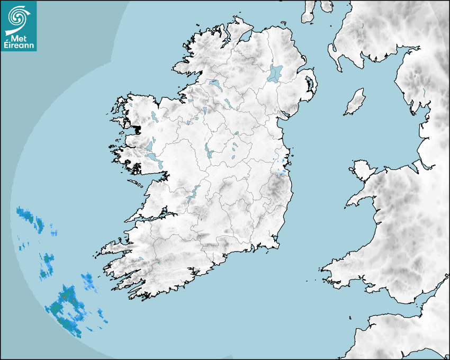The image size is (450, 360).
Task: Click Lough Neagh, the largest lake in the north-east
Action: [275, 73]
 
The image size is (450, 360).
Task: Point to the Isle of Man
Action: [355, 102]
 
